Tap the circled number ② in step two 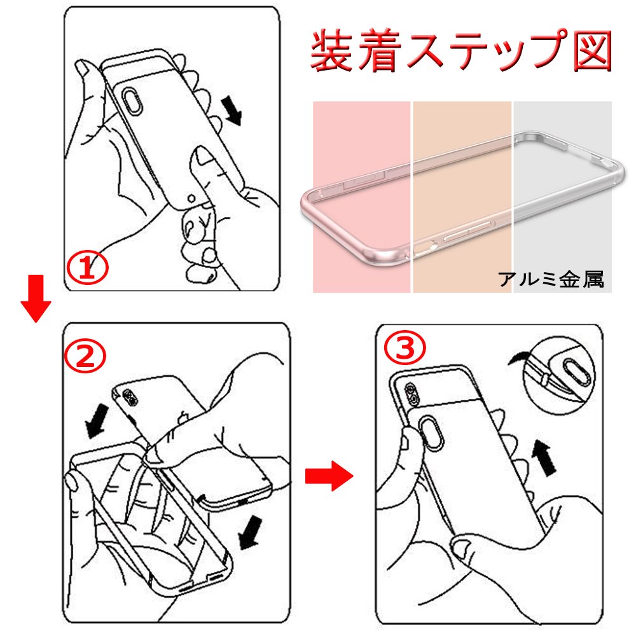85,356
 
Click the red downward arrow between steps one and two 36,298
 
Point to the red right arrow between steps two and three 329,476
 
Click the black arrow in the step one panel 232,110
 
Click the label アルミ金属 551,279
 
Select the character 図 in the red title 592,52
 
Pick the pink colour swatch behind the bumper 361,197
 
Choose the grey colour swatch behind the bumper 563,197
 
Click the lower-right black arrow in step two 250,532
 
